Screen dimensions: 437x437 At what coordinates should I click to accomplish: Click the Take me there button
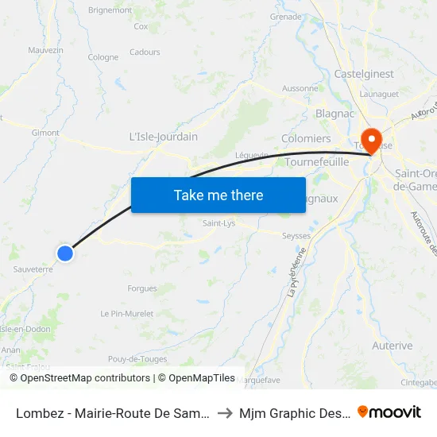pos(218,195)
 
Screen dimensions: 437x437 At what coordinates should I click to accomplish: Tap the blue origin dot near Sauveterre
pos(65,253)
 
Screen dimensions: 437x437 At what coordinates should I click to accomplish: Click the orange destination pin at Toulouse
pos(370,140)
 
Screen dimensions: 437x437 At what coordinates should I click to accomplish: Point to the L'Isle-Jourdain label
pos(163,137)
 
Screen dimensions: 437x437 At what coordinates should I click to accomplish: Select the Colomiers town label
pos(306,138)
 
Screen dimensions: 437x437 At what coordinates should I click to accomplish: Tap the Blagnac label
pos(335,114)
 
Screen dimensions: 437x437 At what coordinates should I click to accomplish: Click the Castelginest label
pos(364,73)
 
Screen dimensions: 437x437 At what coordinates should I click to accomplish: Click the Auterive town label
pos(392,346)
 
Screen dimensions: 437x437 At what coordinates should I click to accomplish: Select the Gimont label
pos(45,133)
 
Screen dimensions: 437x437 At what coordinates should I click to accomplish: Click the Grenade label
pos(286,16)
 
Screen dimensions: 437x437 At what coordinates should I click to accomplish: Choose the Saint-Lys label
pos(218,223)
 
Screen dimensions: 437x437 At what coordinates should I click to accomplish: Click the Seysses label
pos(296,236)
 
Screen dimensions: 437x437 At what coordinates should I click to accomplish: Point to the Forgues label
pos(142,288)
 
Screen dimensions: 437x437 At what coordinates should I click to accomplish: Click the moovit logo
pos(389,412)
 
